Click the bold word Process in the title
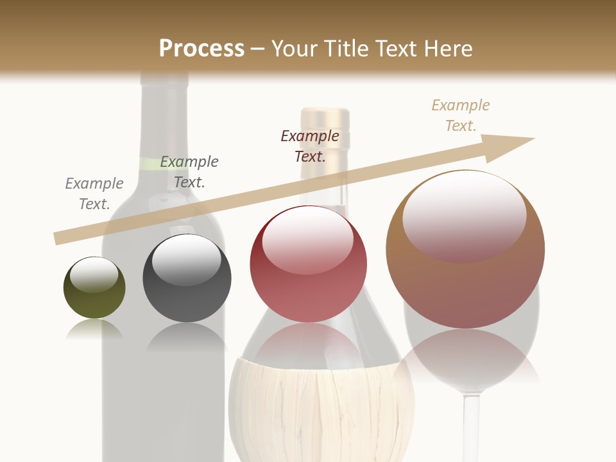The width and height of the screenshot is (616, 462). tap(201, 48)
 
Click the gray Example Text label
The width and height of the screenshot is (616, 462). tap(94, 194)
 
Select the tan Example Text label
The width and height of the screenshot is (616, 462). tap(461, 116)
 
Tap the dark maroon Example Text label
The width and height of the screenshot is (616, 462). tap(310, 146)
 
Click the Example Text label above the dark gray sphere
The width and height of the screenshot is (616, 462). tap(189, 172)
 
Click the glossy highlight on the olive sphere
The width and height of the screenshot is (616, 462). tap(94, 275)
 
